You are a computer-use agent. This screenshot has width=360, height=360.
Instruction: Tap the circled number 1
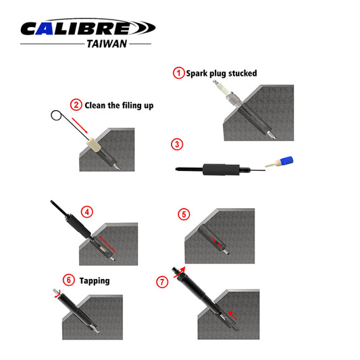[x=179, y=73]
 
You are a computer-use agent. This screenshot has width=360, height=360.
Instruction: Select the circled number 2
[x=77, y=105]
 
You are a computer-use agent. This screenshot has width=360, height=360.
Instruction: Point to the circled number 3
[x=177, y=144]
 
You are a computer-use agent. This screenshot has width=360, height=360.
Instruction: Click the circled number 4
[x=86, y=211]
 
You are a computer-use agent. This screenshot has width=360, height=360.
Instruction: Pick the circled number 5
[x=184, y=215]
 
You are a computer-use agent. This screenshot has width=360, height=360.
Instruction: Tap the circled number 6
[x=67, y=280]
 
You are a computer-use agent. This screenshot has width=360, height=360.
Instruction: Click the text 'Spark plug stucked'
[x=222, y=73]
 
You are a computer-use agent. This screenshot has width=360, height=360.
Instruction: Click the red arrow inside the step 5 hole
[x=214, y=241]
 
